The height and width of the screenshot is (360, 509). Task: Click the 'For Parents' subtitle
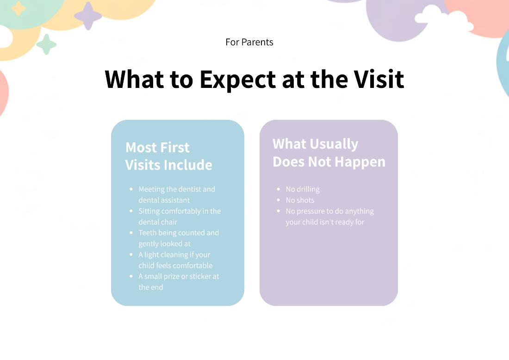249,42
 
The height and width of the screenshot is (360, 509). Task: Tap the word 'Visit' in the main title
379,80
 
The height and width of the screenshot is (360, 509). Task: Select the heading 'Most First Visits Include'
169,156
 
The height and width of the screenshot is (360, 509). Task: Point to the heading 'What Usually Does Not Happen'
329,153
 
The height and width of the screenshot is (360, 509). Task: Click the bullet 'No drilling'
303,189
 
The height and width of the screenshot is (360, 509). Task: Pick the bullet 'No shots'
300,200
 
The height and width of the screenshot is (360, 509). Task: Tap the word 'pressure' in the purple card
312,211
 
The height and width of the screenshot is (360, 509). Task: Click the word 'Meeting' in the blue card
151,189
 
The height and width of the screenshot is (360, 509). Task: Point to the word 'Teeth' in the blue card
148,233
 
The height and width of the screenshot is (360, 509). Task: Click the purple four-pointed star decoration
88,16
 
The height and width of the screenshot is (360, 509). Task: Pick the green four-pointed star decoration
46,44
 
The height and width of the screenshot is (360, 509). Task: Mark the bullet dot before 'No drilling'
278,189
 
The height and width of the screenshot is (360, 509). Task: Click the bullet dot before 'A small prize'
131,276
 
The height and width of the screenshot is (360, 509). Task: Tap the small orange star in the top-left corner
19,8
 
